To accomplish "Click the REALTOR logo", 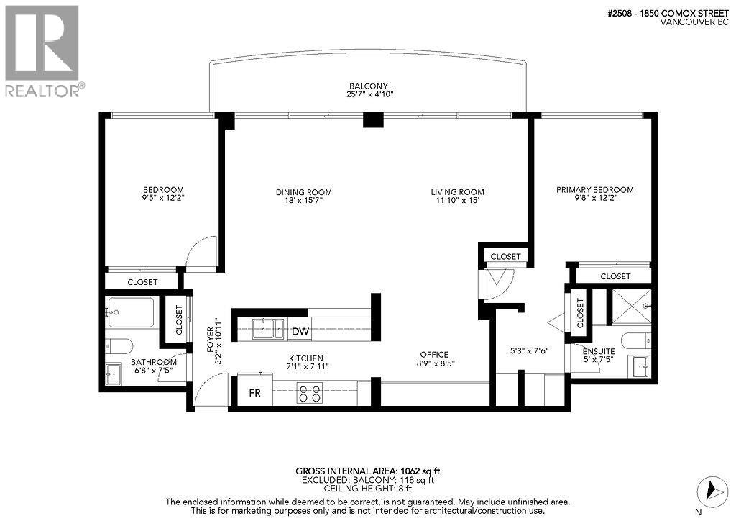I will [x=42, y=50].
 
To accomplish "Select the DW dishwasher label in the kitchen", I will [x=300, y=332].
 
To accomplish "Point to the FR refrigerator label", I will [x=254, y=394].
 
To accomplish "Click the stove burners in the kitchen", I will [x=310, y=394].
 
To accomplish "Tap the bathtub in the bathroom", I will [x=131, y=312].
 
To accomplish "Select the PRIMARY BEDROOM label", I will [x=595, y=190].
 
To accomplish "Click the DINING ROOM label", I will [x=304, y=192].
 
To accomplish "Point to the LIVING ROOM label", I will [x=457, y=192].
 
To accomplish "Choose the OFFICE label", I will [x=434, y=354].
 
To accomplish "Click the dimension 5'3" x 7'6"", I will [x=529, y=351].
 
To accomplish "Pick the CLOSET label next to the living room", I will [x=506, y=256].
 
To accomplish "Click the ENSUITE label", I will [x=598, y=351].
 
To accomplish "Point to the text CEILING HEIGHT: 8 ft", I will [x=367, y=489].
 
